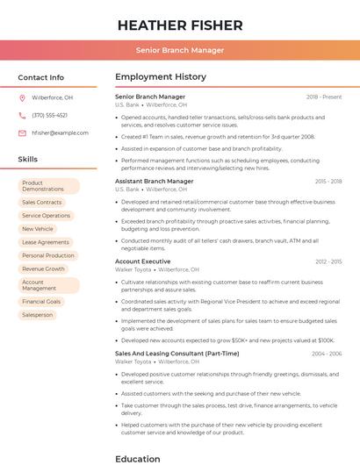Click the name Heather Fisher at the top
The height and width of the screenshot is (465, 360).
coord(180,25)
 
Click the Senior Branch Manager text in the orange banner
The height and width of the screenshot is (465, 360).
coord(180,50)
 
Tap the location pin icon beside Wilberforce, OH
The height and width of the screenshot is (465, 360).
coord(22,98)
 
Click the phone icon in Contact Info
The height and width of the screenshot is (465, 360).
coord(22,116)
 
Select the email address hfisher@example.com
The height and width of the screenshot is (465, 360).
coord(60,133)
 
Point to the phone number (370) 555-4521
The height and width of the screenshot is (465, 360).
coord(49,116)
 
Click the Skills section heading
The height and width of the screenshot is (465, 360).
coord(28,160)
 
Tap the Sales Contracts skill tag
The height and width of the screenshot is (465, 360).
coord(42,203)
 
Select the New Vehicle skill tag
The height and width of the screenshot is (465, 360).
coord(38,229)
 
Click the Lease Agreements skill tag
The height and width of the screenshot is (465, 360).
coord(46,242)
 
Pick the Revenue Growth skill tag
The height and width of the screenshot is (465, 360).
coord(44,268)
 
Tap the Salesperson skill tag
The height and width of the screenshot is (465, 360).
coord(38,314)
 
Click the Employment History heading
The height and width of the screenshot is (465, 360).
coord(161,77)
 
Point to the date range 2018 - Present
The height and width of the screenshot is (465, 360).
coord(324,97)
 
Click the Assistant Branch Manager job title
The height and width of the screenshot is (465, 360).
coord(155,182)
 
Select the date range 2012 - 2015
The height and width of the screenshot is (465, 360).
coord(328,261)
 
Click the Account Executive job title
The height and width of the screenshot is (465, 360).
coord(143,261)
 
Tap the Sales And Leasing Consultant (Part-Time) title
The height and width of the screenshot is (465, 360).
coord(176,354)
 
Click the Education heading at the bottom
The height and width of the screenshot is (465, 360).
coord(138,458)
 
